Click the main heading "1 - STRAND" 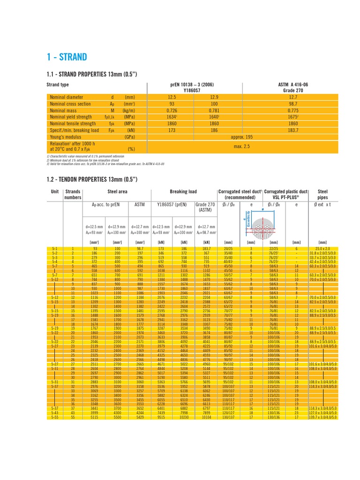(67, 57)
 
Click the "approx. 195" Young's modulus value (241, 136)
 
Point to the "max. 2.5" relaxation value (241, 146)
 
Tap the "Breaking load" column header (183, 192)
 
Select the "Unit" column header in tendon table (55, 192)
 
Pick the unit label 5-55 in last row (54, 417)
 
